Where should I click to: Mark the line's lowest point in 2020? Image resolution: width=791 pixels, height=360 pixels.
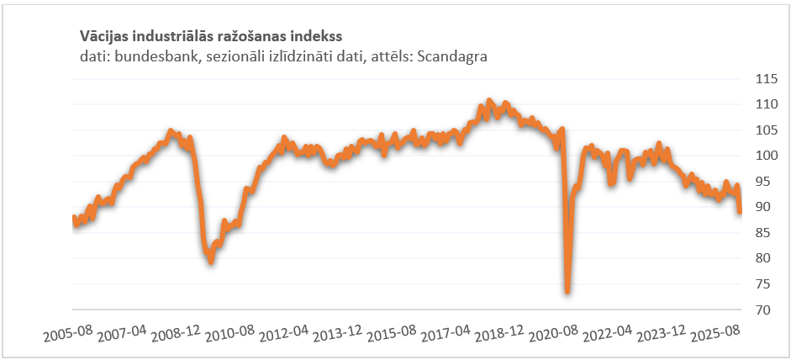coord(567,291)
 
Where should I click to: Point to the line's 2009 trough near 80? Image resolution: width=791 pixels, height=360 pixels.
coord(211,262)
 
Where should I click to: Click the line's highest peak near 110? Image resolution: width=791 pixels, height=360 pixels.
coord(490,101)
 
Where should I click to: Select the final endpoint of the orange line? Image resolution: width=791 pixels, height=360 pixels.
coord(741,212)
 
